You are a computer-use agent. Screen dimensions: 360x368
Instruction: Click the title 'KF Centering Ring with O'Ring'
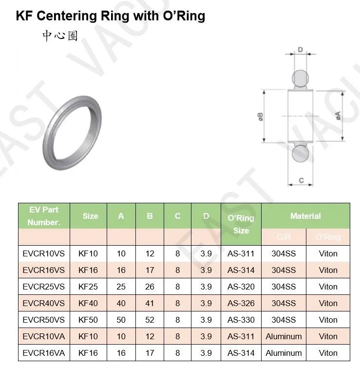pos(111,16)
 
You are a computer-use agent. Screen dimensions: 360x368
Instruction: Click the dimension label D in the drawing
pos(301,50)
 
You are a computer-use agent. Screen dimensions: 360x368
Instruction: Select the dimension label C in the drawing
pos(301,180)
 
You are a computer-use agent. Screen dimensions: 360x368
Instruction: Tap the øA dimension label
pos(338,116)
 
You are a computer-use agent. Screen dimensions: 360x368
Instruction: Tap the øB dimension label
pos(261,117)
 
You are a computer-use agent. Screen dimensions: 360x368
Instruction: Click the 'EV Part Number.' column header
pos(44,216)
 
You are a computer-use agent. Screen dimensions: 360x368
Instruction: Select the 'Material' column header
pos(305,216)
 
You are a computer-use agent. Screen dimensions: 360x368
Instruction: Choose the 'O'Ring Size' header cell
pos(241,224)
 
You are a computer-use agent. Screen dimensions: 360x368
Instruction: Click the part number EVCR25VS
pos(43,287)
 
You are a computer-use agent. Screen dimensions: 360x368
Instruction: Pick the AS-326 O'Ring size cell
pos(241,303)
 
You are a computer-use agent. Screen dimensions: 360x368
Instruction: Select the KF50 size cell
pos(88,320)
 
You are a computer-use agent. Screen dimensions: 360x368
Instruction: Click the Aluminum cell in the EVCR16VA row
pos(284,353)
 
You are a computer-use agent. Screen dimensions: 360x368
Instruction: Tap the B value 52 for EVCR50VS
pos(150,320)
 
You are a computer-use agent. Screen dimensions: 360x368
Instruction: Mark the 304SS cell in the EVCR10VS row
pos(284,253)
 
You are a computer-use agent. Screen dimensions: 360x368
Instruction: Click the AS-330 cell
pos(241,320)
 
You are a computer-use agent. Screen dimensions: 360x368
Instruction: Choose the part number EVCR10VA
pos(43,336)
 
